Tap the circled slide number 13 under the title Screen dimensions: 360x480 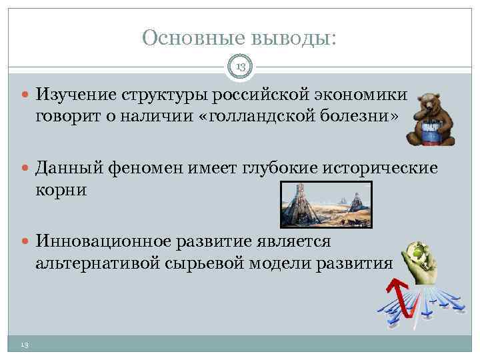coord(240,66)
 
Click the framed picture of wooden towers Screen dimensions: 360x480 coord(325,205)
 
